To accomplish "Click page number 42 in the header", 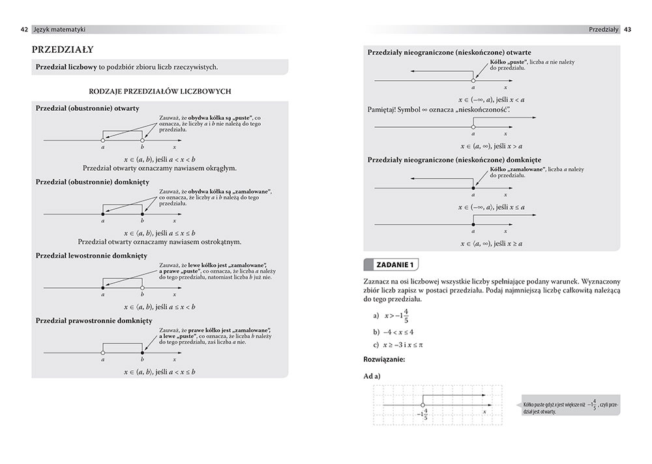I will click(24, 29).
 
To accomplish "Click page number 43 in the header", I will click(627, 29).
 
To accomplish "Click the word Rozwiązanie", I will click(385, 359).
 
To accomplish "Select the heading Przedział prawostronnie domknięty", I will click(94, 321).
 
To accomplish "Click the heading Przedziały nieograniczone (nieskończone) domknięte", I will click(454, 160).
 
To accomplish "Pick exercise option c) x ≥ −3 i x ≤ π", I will click(398, 345).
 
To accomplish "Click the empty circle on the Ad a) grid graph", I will click(423, 405).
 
